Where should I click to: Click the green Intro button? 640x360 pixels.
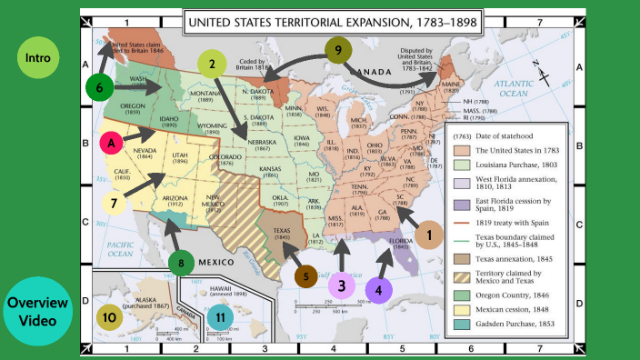click(x=38, y=60)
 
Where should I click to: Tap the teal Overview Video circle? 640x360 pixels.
click(x=38, y=310)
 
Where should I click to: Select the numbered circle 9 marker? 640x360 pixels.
click(x=337, y=51)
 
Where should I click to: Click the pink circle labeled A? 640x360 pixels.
click(x=113, y=144)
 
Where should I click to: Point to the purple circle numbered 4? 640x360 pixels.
click(x=380, y=290)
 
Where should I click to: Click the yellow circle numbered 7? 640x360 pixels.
click(x=115, y=203)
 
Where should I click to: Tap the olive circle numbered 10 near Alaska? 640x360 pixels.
click(x=109, y=317)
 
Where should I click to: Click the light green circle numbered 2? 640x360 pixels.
click(x=212, y=64)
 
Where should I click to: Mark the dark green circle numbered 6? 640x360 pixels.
click(x=100, y=87)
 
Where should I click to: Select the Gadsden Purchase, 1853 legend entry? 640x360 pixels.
click(x=515, y=323)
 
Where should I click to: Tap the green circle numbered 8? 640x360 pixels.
click(x=182, y=264)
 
